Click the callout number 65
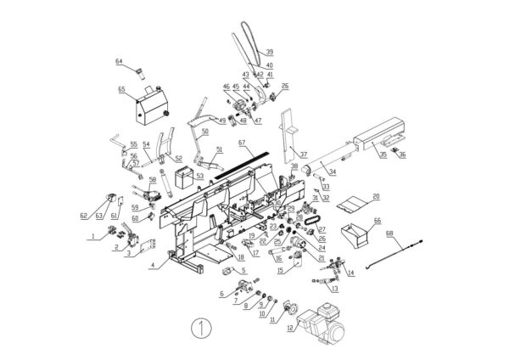pyautogui.click(x=121, y=88)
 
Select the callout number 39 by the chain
pyautogui.click(x=269, y=51)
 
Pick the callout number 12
pyautogui.click(x=291, y=327)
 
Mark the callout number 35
pyautogui.click(x=383, y=155)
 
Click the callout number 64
pyautogui.click(x=120, y=61)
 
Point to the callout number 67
pyautogui.click(x=242, y=143)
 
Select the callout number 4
pyautogui.click(x=152, y=266)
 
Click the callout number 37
pyautogui.click(x=304, y=154)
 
